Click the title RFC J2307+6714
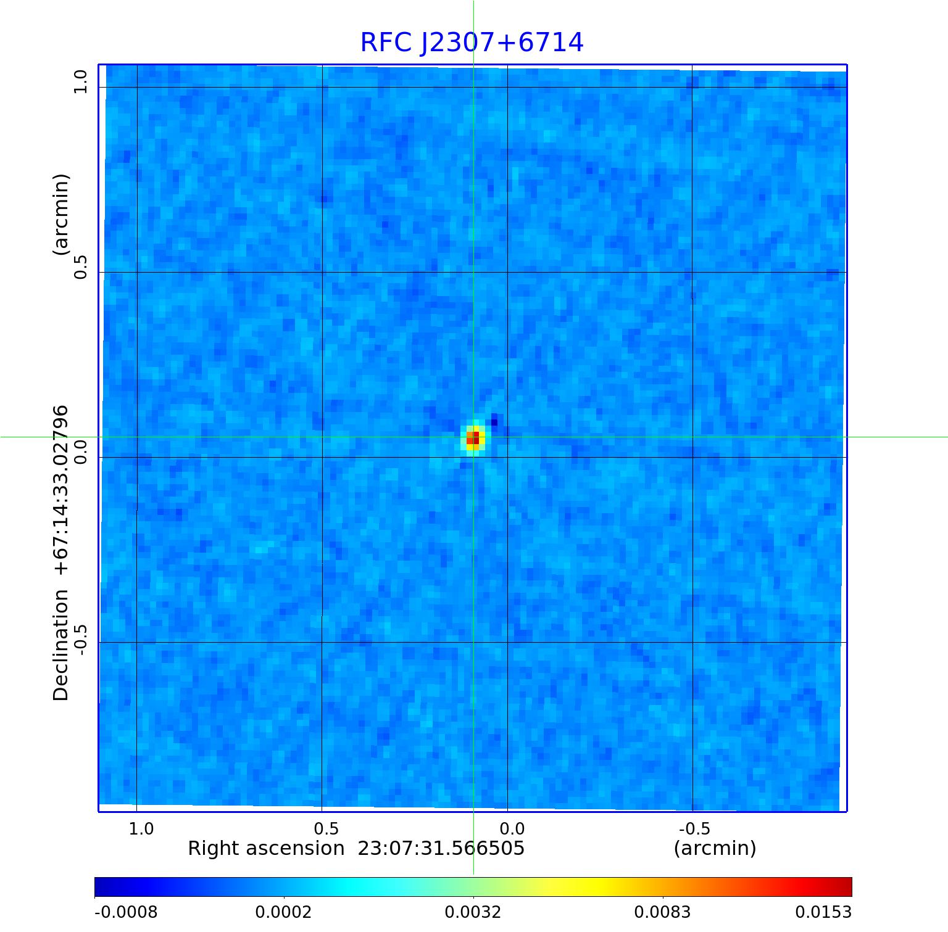pyautogui.click(x=472, y=43)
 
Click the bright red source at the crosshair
pyautogui.click(x=473, y=438)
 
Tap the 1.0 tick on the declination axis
pyautogui.click(x=81, y=82)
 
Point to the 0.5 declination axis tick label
pyautogui.click(x=81, y=268)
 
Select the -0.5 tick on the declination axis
pyautogui.click(x=81, y=638)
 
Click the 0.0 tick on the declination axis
pyautogui.click(x=81, y=453)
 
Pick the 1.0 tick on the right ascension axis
pyautogui.click(x=141, y=828)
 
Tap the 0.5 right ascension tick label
pyautogui.click(x=326, y=828)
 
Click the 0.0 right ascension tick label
pyautogui.click(x=512, y=828)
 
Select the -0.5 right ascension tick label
pyautogui.click(x=694, y=828)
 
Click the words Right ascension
pyautogui.click(x=266, y=849)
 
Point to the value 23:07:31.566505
pyautogui.click(x=441, y=849)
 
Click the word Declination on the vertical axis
pyautogui.click(x=61, y=645)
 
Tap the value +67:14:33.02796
pyautogui.click(x=61, y=490)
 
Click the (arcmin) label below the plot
pyautogui.click(x=715, y=849)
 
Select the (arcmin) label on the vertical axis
pyautogui.click(x=61, y=215)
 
